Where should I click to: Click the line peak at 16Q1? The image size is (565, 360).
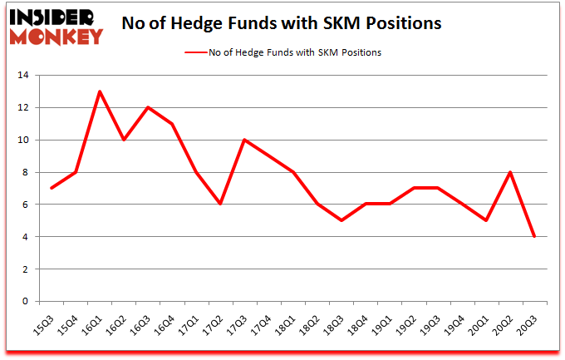(100, 91)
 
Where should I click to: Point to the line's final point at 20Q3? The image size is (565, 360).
(534, 237)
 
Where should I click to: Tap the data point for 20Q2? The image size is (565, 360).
(510, 172)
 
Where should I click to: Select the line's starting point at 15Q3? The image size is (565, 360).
(52, 188)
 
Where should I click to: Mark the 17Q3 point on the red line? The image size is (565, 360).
(245, 140)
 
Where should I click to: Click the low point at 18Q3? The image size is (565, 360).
(341, 220)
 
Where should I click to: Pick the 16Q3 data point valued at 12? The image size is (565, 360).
(148, 107)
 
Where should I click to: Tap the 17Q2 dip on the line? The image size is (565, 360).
(221, 205)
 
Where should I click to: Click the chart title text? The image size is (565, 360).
(281, 24)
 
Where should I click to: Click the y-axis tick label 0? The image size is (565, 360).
(26, 301)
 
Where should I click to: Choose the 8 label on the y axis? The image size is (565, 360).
(26, 172)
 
